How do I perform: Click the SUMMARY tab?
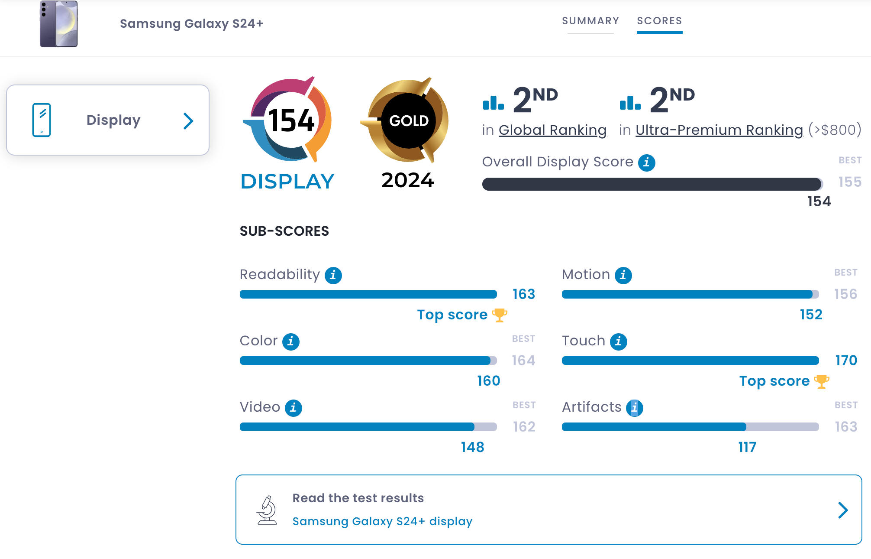tap(590, 21)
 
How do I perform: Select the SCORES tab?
tap(659, 21)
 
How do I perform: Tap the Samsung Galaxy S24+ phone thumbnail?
tap(59, 24)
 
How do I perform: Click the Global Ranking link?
tap(552, 130)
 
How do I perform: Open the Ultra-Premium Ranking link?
tap(719, 130)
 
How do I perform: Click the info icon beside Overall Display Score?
tap(646, 162)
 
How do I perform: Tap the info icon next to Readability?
tap(333, 275)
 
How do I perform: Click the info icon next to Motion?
tap(623, 275)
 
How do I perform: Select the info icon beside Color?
tap(290, 341)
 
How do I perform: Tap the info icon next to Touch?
tap(618, 341)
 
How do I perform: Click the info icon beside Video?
tap(293, 408)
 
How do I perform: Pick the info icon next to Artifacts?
tap(634, 408)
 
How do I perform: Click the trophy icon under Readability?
tap(499, 315)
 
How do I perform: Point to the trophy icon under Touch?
tap(821, 381)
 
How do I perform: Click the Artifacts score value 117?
tap(747, 447)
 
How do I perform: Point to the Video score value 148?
tap(472, 447)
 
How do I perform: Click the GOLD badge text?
tap(409, 120)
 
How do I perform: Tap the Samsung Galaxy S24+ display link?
tap(382, 521)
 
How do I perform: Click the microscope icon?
tap(267, 510)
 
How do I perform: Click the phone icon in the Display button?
tap(42, 120)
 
